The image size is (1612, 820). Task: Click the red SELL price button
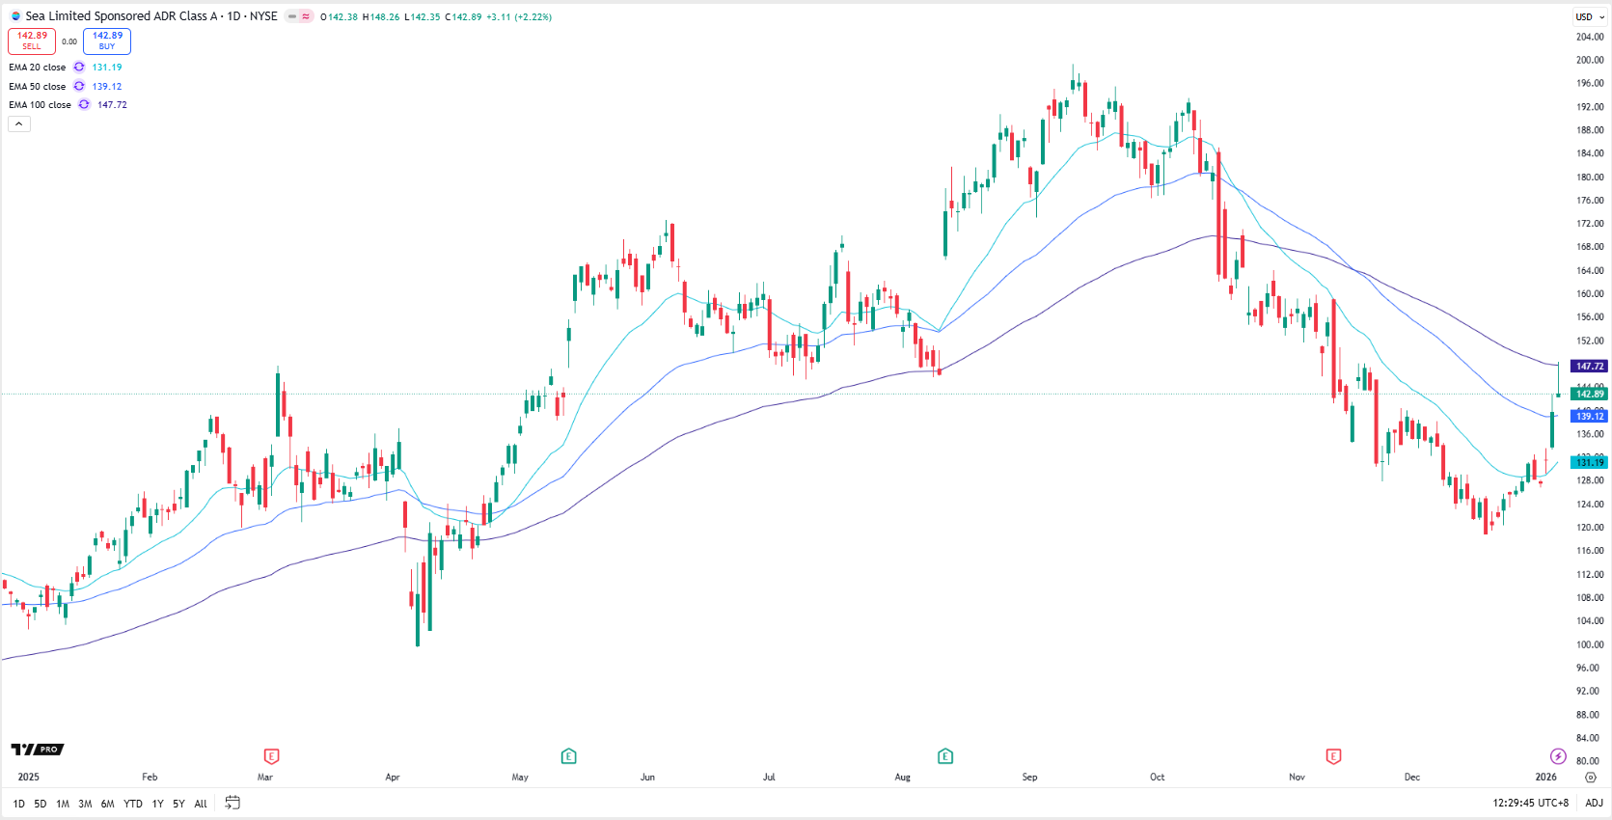point(32,41)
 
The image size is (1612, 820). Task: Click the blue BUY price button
point(107,41)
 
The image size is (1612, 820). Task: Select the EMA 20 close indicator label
point(38,68)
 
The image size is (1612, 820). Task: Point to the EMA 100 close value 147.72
point(112,105)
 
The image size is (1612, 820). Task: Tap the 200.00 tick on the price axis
point(1589,60)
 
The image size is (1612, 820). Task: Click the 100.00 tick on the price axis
point(1589,644)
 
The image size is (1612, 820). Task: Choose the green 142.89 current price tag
point(1589,394)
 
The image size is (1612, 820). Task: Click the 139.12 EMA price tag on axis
point(1589,417)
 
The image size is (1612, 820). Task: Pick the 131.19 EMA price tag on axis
point(1589,463)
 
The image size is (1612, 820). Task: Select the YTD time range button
point(133,804)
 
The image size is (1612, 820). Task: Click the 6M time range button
point(107,804)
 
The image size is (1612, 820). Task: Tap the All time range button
point(201,804)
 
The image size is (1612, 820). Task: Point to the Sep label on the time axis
point(1029,777)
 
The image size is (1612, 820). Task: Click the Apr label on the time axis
point(393,777)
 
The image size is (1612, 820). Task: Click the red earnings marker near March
point(271,756)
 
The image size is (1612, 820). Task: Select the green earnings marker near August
point(945,756)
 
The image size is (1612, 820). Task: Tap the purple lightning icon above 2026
point(1558,756)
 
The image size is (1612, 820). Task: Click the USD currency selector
point(1589,16)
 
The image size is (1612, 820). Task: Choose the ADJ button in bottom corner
point(1594,803)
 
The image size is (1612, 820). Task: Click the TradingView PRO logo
point(38,750)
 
